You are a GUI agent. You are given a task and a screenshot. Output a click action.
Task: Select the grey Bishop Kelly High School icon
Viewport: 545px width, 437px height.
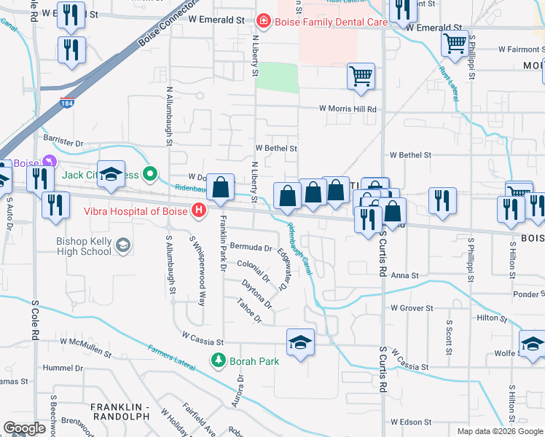(x=123, y=245)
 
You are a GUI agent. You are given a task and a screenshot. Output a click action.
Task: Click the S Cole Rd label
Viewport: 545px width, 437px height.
(x=34, y=320)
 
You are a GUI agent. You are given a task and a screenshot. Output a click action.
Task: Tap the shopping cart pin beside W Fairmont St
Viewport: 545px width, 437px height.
(x=455, y=44)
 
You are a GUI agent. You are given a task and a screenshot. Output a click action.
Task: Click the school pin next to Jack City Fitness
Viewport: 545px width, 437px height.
(x=111, y=175)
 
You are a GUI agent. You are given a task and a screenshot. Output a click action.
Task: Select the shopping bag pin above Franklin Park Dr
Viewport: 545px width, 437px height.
(x=220, y=188)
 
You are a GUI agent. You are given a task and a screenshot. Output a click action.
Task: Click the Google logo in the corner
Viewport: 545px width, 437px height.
(x=24, y=428)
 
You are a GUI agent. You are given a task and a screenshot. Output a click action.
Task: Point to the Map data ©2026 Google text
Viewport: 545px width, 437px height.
(x=499, y=430)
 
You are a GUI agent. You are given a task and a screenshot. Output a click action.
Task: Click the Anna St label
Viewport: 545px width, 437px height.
(x=405, y=276)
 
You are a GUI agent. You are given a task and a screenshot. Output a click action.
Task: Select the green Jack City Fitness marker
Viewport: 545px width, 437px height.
(x=150, y=173)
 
